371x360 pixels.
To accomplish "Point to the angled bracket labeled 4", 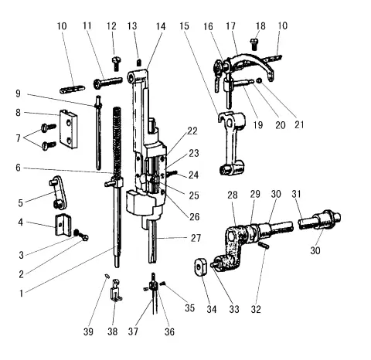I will point(61,226).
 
